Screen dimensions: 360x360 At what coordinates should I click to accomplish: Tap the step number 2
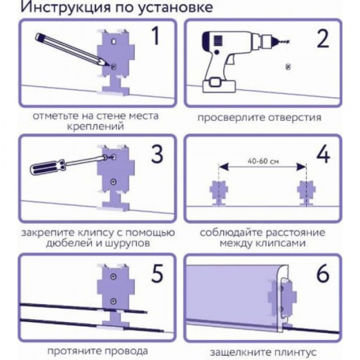(323, 38)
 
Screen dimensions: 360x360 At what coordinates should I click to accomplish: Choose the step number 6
(323, 273)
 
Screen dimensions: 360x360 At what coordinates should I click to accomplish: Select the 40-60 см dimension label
(262, 160)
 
